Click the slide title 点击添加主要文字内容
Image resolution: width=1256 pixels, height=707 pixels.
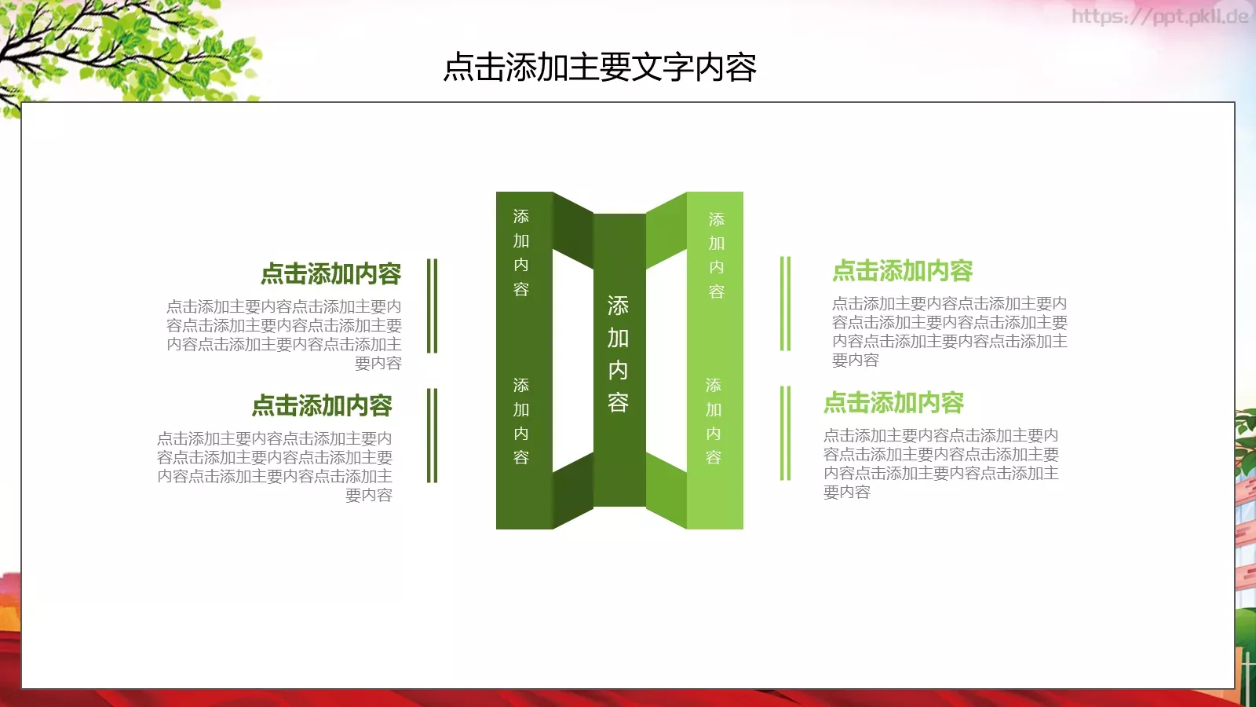[600, 68]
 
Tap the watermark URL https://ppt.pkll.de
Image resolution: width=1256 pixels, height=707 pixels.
[1159, 16]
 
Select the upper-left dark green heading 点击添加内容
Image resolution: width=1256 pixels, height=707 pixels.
[330, 274]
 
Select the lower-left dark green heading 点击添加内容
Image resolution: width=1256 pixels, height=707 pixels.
[322, 406]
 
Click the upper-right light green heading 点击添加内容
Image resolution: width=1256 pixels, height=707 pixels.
[902, 271]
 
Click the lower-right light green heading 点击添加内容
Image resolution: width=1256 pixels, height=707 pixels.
[893, 403]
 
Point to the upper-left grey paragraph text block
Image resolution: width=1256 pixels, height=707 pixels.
[284, 335]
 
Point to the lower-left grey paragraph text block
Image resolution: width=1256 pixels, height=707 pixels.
[275, 467]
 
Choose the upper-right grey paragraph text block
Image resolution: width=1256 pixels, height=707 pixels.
[949, 332]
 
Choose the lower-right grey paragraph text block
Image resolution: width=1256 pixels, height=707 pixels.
[940, 463]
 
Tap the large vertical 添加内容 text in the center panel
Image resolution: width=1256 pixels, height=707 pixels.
[618, 354]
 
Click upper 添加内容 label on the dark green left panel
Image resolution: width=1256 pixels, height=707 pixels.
[521, 253]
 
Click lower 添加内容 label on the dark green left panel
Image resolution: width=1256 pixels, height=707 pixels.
[521, 421]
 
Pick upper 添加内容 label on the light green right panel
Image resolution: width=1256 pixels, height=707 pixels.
[716, 255]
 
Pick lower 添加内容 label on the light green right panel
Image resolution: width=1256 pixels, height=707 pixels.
[713, 421]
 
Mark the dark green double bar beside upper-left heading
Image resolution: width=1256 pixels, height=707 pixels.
[432, 306]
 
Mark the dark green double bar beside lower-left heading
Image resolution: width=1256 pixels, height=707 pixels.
[432, 435]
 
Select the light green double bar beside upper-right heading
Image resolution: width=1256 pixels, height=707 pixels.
[785, 303]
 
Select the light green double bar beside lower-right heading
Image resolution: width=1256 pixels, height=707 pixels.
[785, 433]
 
